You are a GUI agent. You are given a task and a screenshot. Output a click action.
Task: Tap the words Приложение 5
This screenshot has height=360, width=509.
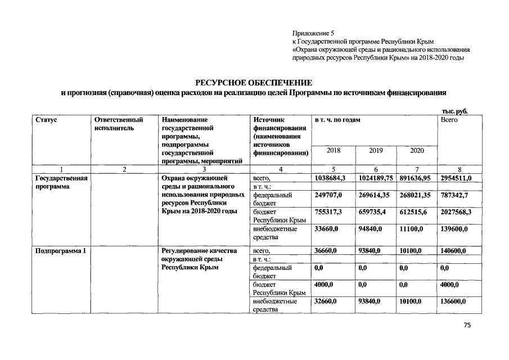[313, 34]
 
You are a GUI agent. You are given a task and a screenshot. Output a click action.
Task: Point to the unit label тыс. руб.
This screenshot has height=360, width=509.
[456, 111]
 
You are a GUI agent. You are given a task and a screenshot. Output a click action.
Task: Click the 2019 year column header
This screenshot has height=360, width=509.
[376, 151]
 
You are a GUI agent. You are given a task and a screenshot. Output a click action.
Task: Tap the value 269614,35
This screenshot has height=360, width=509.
[376, 195]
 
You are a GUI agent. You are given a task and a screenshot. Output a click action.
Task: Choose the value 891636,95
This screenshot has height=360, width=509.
[417, 178]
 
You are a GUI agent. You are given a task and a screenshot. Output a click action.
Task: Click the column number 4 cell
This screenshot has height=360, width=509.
[280, 169]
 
